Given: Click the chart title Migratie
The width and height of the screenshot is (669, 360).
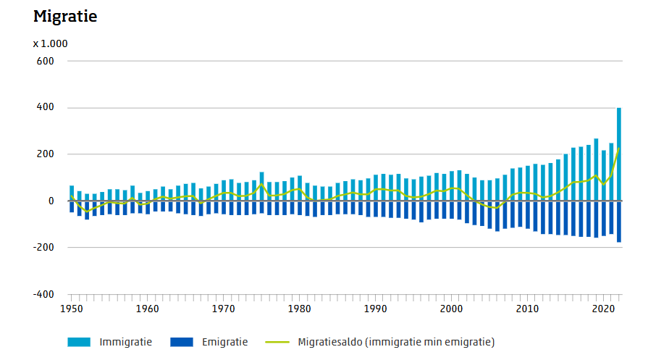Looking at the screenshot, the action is [x=65, y=16].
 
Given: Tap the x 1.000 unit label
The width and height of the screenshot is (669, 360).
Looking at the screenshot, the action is [x=51, y=43].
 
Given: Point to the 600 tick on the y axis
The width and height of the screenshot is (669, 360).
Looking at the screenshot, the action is [x=45, y=61].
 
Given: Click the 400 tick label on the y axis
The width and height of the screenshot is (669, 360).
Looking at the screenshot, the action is [x=45, y=107].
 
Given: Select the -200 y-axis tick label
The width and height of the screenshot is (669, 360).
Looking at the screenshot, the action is [x=43, y=247].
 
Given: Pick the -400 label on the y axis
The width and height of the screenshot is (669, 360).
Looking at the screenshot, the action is [x=43, y=294].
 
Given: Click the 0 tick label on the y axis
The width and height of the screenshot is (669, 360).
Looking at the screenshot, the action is [x=51, y=201].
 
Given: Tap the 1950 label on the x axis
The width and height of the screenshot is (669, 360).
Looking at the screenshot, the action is [x=72, y=309].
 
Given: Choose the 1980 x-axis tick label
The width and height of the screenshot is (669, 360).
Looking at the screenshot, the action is [x=300, y=309].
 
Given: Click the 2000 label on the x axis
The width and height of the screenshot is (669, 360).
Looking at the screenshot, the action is [x=451, y=309].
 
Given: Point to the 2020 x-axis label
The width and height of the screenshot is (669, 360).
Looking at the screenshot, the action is [x=603, y=309].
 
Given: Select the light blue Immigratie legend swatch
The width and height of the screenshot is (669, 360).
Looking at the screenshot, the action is [x=79, y=342].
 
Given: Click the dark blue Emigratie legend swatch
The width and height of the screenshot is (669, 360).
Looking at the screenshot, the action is [x=182, y=342].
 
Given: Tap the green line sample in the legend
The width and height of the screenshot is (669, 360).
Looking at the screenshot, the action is [x=277, y=342].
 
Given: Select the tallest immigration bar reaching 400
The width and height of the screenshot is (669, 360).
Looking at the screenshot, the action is [x=618, y=154].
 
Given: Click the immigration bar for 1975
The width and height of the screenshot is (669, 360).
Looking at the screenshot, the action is [x=261, y=186].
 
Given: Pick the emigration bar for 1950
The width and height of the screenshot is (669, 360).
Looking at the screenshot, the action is [x=72, y=206].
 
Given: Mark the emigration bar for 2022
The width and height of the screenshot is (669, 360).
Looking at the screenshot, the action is [x=618, y=222].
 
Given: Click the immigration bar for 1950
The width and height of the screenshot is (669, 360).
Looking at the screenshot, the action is [x=72, y=193].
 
